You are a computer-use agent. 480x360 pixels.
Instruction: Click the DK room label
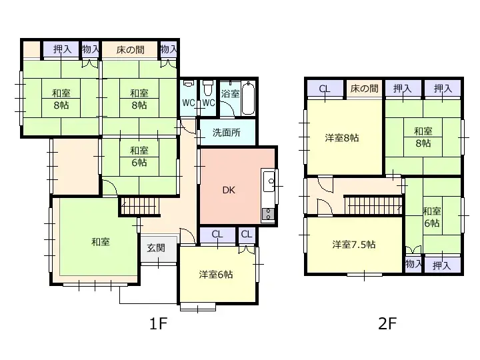click(x=229, y=190)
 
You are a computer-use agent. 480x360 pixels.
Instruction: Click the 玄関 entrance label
click(x=157, y=248)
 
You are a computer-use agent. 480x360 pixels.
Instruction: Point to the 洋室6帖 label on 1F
click(x=216, y=274)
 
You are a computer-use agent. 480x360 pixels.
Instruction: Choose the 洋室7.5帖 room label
click(x=353, y=245)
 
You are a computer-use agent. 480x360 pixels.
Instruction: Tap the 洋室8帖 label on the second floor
click(x=341, y=138)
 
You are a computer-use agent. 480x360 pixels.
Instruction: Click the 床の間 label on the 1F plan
click(x=131, y=49)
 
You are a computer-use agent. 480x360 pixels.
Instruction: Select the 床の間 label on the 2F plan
click(x=364, y=88)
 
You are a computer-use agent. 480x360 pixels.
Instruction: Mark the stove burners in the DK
click(x=269, y=213)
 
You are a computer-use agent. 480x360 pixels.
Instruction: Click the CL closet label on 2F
click(x=325, y=88)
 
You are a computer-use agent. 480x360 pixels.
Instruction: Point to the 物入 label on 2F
click(x=413, y=265)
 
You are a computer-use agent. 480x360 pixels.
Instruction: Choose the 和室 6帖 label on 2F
click(x=431, y=217)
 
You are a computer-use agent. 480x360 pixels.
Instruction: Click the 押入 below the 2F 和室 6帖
click(x=441, y=265)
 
